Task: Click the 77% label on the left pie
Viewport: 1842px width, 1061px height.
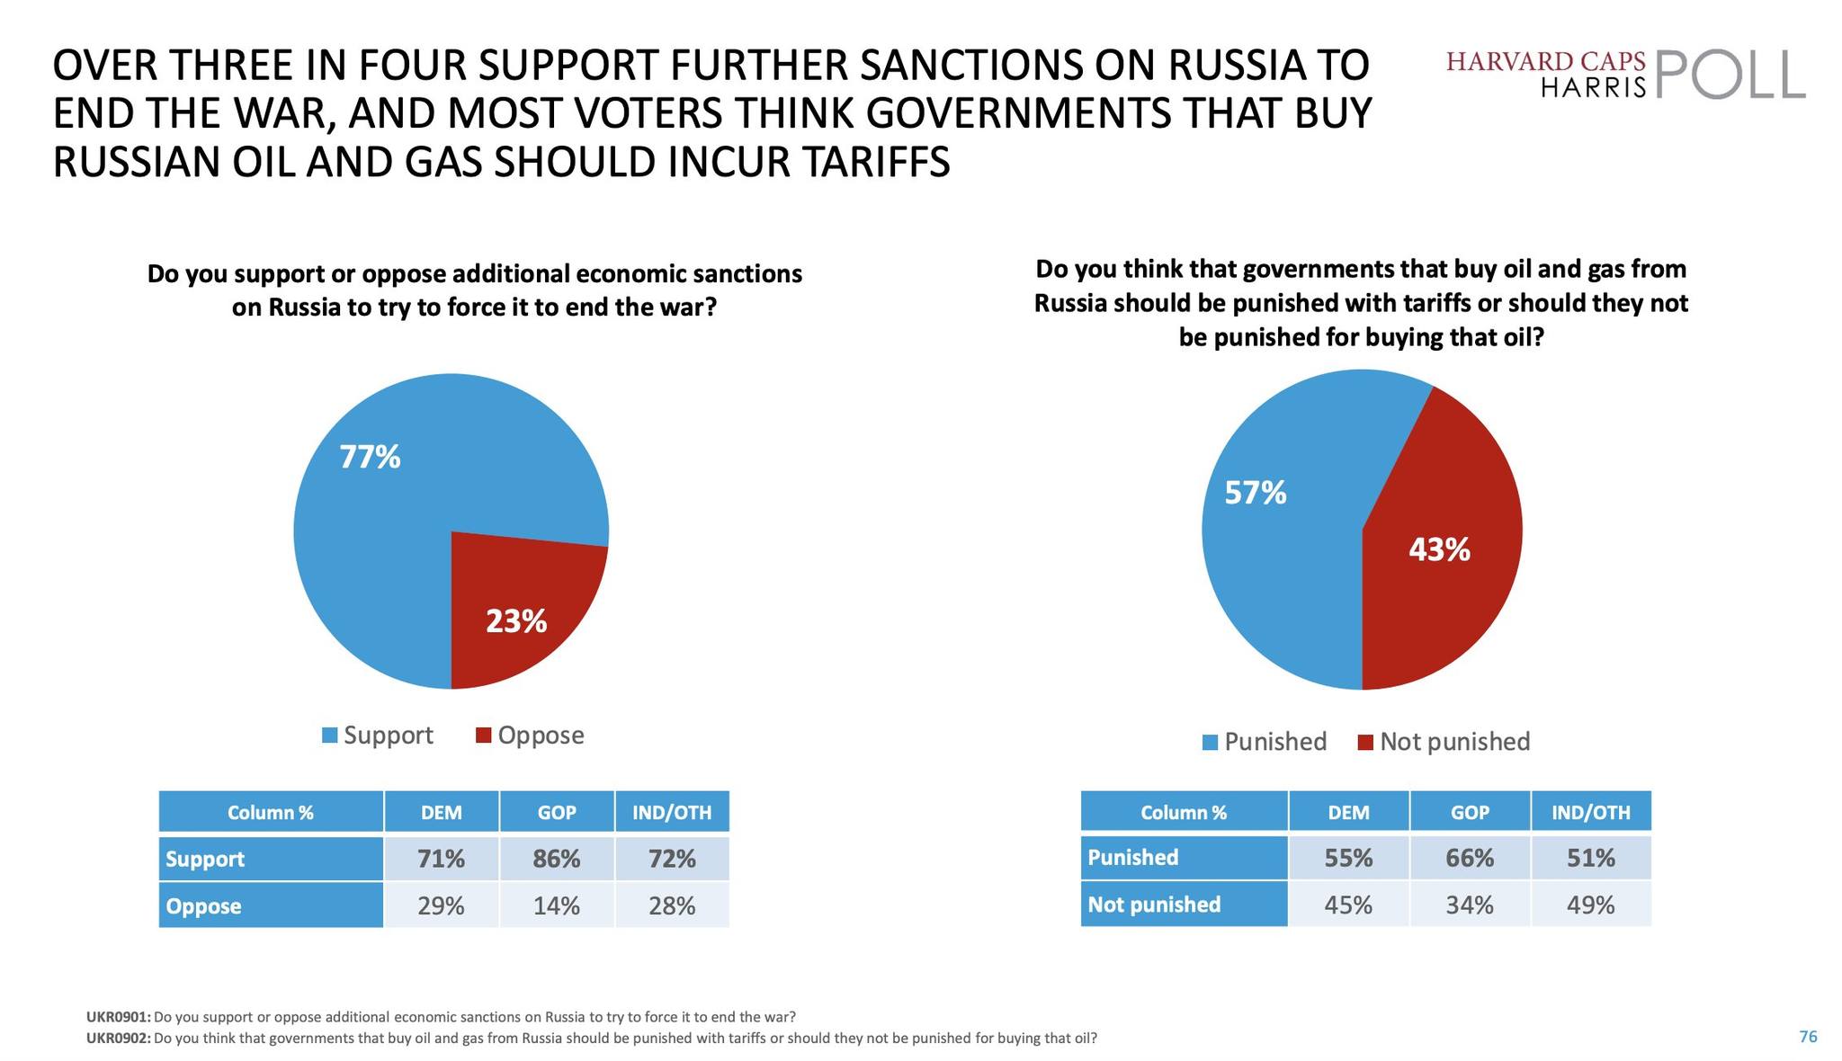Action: pyautogui.click(x=370, y=458)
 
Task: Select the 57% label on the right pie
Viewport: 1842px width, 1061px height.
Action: pyautogui.click(x=1256, y=493)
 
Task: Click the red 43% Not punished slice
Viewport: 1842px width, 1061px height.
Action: pyautogui.click(x=1439, y=549)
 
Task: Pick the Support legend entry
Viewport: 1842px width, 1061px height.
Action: pyautogui.click(x=378, y=736)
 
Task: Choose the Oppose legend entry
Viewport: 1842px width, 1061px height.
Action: pyautogui.click(x=531, y=736)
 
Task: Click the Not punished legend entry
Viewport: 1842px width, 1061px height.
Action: pyautogui.click(x=1444, y=742)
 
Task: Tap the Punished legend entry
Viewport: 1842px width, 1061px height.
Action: pyautogui.click(x=1265, y=742)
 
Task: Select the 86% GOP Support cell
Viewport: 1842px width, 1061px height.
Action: pyautogui.click(x=557, y=859)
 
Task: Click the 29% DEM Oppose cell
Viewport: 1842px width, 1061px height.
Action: pyautogui.click(x=442, y=905)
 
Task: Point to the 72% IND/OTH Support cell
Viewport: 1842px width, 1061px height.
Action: pyautogui.click(x=672, y=859)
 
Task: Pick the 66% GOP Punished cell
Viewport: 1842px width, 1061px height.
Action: pyautogui.click(x=1470, y=858)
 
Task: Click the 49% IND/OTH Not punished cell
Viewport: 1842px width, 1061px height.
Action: pyautogui.click(x=1591, y=905)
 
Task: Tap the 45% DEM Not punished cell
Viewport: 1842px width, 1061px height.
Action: pyautogui.click(x=1349, y=905)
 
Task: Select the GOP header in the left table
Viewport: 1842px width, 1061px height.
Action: pyautogui.click(x=557, y=813)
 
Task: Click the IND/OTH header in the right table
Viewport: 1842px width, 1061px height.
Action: pyautogui.click(x=1591, y=813)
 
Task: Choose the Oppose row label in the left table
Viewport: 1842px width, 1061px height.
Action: pyautogui.click(x=204, y=905)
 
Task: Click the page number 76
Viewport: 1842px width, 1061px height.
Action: pyautogui.click(x=1808, y=1037)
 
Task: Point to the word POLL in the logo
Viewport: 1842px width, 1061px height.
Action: pyautogui.click(x=1729, y=75)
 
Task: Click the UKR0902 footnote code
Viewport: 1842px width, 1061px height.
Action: pyautogui.click(x=119, y=1039)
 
